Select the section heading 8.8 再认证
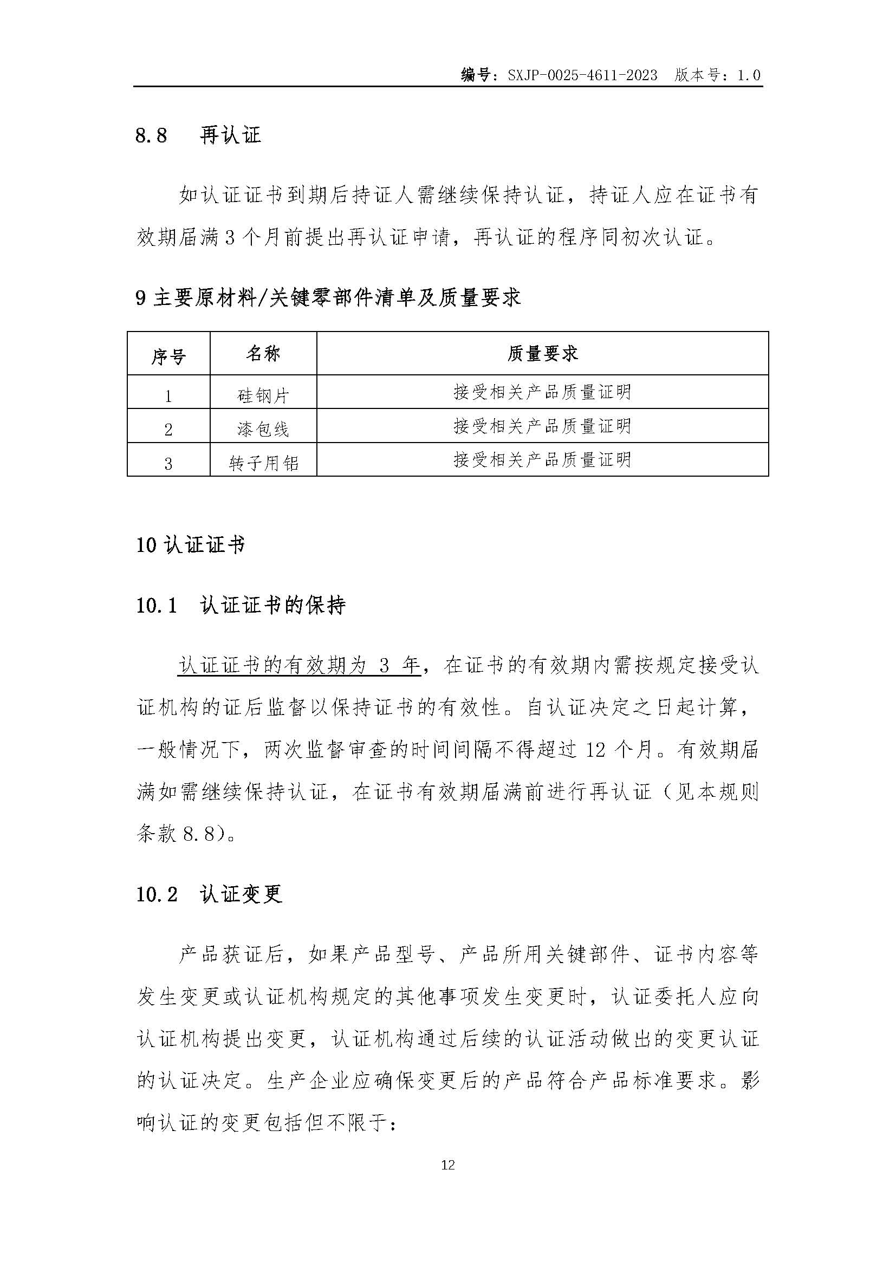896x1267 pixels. coord(198,135)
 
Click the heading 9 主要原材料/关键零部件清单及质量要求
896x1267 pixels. coord(328,298)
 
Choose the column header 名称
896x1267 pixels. coord(263,353)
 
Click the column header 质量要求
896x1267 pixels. coord(542,353)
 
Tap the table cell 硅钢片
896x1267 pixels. coord(263,395)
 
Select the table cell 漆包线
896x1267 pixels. coord(263,429)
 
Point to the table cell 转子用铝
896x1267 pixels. coord(263,463)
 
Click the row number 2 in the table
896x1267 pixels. coord(168,430)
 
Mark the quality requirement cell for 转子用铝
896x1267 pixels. coord(542,459)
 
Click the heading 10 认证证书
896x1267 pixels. coord(190,545)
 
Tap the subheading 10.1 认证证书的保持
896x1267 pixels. coord(241,606)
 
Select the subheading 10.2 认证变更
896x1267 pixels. coord(209,894)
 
